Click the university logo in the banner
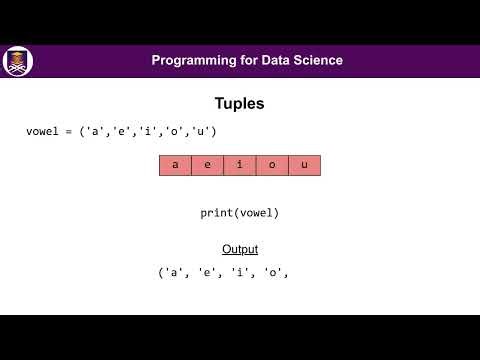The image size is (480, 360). pos(18,61)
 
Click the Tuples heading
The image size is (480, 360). pos(240,103)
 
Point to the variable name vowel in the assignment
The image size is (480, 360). pos(43,132)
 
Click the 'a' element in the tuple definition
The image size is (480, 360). pos(93,132)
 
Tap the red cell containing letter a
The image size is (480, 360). pos(176,165)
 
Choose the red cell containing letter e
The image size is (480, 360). pos(208,165)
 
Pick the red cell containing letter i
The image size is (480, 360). pos(240,165)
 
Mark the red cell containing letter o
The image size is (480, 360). pos(272,165)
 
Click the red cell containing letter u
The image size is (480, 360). pos(304,165)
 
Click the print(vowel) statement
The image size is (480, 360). pos(240,213)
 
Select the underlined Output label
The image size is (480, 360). pos(240,249)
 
